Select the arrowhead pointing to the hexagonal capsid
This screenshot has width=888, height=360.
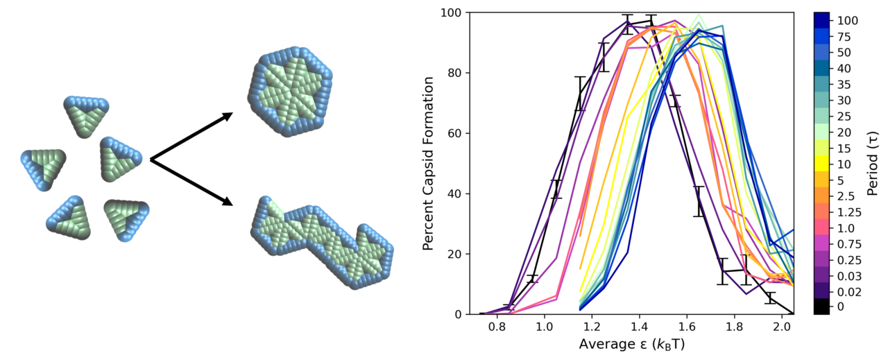click(226, 117)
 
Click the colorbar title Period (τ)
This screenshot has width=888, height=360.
click(876, 163)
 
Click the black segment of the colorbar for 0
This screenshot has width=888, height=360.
click(821, 306)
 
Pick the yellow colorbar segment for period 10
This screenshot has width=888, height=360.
click(821, 164)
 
